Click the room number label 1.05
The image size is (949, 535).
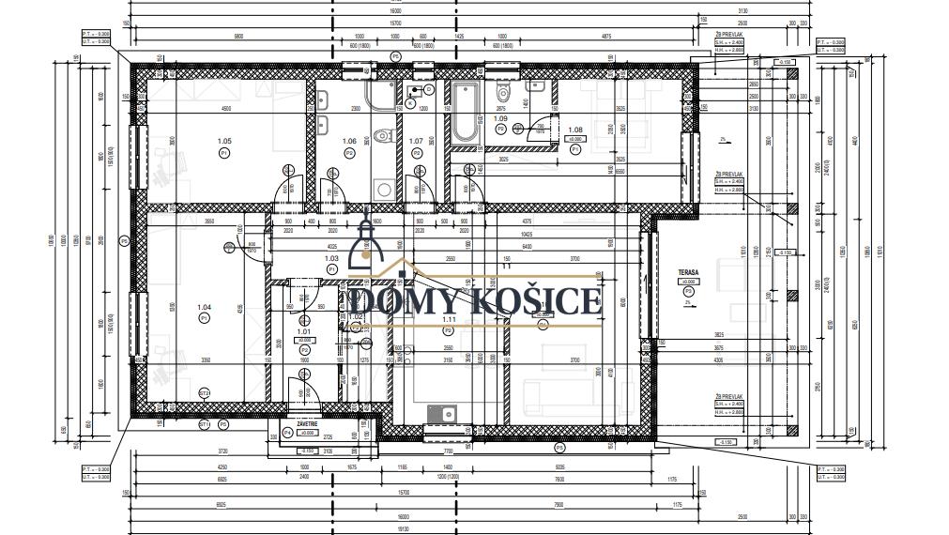click(x=224, y=141)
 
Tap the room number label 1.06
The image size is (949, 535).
click(x=349, y=141)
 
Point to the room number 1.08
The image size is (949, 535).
click(x=575, y=130)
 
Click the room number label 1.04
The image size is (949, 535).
click(x=204, y=307)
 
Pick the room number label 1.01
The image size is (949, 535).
click(x=303, y=331)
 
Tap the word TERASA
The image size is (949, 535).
click(x=690, y=273)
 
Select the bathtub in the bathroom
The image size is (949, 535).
click(x=465, y=113)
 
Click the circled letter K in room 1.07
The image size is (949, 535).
click(x=411, y=101)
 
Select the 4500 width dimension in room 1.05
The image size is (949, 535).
click(x=225, y=110)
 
